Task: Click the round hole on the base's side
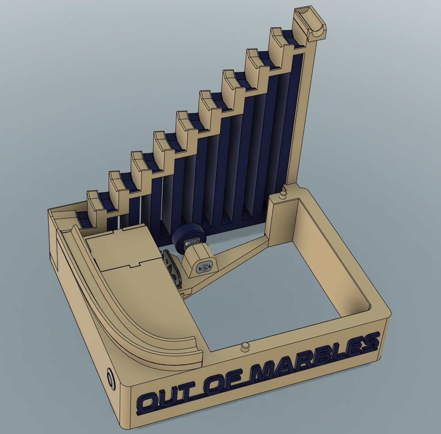click(x=111, y=379)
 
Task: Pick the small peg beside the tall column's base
click(x=282, y=194)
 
